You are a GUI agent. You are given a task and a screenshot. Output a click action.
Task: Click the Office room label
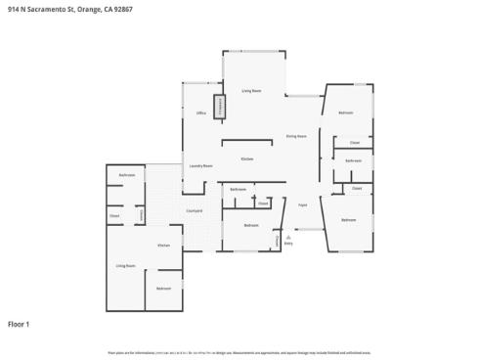200,114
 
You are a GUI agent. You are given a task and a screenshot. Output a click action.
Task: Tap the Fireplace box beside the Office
221,107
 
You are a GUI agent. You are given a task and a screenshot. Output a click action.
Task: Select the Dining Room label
296,136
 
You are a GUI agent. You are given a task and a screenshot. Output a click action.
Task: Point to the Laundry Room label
200,166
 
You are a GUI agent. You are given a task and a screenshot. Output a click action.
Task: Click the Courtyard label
194,210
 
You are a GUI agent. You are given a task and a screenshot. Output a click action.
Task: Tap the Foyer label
303,204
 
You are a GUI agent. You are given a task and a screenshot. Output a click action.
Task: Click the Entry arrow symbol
288,237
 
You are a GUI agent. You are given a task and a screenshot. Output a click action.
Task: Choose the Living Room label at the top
251,90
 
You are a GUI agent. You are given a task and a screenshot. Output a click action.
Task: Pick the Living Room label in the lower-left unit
125,265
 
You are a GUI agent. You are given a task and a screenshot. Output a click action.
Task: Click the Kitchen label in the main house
247,157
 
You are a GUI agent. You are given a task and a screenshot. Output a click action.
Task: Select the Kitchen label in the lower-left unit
164,245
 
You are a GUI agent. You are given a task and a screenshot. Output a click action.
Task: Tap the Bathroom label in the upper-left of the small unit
127,175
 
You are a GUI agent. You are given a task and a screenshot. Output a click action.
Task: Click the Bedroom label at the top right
345,113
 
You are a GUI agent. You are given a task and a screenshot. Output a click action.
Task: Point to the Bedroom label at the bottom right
348,221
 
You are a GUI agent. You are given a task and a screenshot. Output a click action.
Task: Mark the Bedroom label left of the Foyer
250,226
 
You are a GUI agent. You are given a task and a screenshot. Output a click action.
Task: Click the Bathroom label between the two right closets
353,160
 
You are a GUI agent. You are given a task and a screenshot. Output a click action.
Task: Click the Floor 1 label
20,323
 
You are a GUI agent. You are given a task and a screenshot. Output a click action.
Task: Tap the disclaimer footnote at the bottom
239,351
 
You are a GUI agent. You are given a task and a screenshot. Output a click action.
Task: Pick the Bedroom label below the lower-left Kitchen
163,288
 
